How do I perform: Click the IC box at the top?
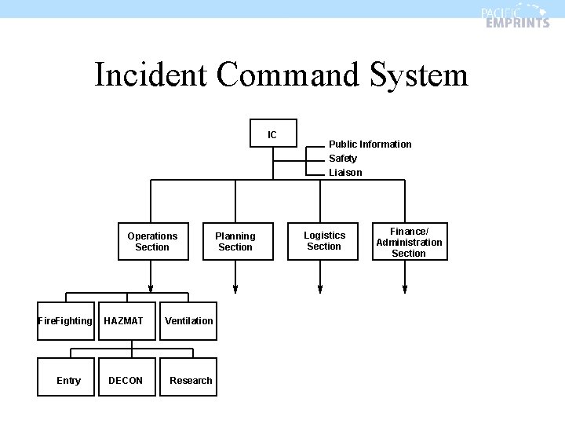[272, 134]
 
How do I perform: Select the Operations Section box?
[152, 241]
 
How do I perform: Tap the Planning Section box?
[235, 241]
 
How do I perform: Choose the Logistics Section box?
[324, 241]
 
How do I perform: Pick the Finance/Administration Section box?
[409, 242]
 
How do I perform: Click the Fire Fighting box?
[65, 320]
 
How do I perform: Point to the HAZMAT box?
[124, 320]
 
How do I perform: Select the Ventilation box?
[188, 320]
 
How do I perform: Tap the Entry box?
[68, 380]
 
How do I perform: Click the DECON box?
[126, 380]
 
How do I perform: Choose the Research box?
[190, 380]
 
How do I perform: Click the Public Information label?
[370, 144]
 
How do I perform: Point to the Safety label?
[343, 159]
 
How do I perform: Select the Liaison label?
[345, 173]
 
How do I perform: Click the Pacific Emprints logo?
[515, 16]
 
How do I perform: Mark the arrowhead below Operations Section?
[151, 287]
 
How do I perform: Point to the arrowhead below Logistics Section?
[320, 287]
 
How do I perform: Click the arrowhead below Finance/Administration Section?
[405, 287]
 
